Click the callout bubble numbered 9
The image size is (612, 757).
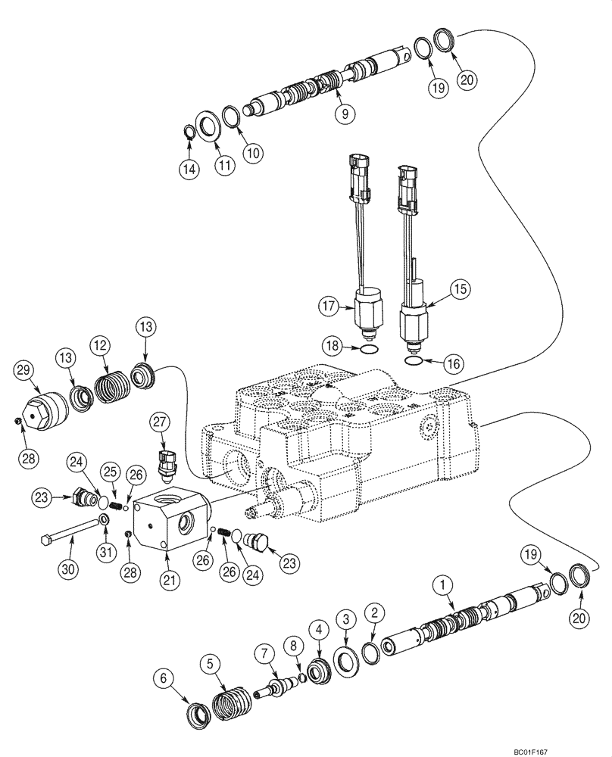click(x=345, y=114)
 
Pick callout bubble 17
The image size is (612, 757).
click(x=326, y=307)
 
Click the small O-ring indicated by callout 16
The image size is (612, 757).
click(x=413, y=361)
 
